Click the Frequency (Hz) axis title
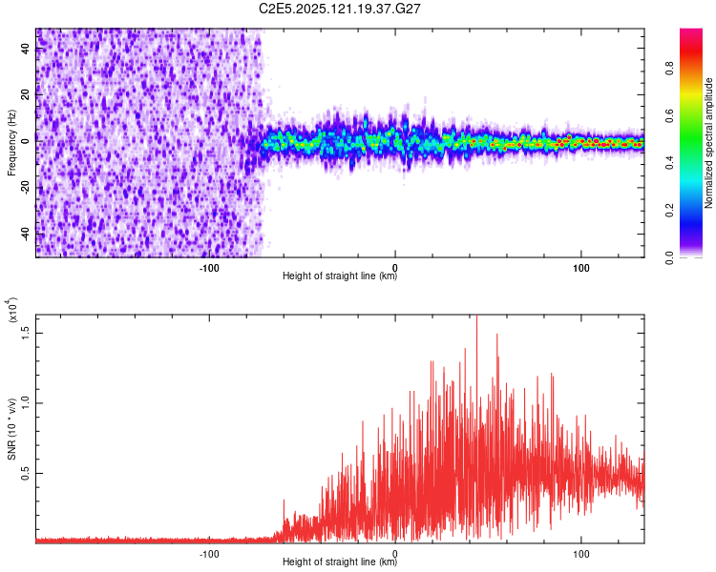pyautogui.click(x=11, y=142)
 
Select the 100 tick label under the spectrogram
pyautogui.click(x=580, y=267)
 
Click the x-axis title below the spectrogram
pyautogui.click(x=340, y=276)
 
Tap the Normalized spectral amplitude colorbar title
pyautogui.click(x=709, y=143)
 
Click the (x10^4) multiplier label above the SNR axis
pyautogui.click(x=11, y=311)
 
